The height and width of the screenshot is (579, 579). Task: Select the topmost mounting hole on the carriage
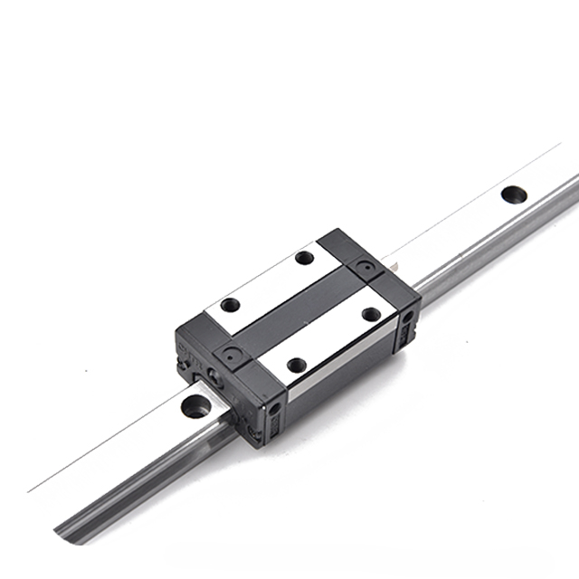click(305, 258)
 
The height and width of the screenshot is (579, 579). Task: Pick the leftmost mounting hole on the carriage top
click(231, 305)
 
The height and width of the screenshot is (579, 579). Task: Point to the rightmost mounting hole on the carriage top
click(371, 314)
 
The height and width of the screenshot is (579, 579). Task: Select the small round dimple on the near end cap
click(229, 356)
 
